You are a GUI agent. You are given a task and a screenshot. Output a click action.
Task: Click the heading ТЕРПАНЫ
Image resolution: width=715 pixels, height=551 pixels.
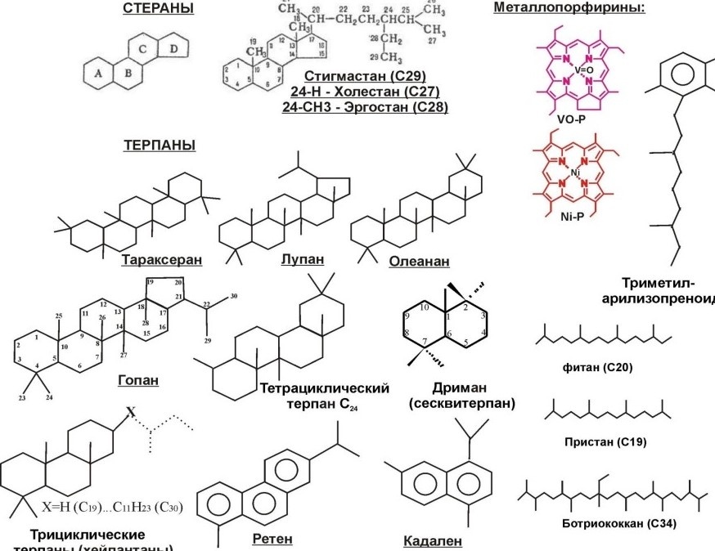coord(159,146)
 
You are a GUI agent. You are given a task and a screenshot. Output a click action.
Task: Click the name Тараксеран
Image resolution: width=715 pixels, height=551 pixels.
coord(162,261)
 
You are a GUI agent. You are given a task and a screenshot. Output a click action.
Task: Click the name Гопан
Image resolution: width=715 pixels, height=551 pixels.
coord(138,380)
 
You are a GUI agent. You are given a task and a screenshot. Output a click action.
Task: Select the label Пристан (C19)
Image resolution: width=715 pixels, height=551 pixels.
coord(605,441)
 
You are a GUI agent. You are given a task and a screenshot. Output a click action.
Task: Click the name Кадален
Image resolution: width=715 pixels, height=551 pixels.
coord(433,541)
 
